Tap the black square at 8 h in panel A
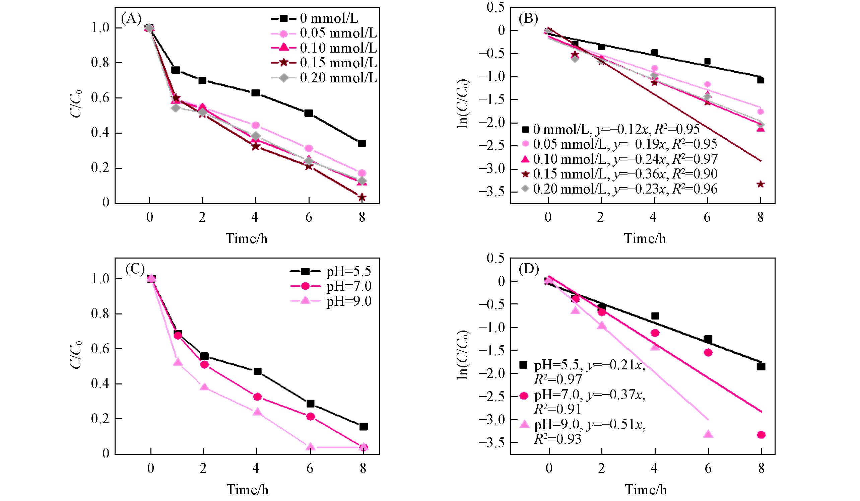coord(362,143)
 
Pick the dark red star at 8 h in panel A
coord(362,197)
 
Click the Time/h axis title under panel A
coord(247,238)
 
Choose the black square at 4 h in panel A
coord(256,93)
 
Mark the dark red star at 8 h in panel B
coord(760,184)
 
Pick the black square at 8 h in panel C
coord(363,426)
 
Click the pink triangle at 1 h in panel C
coord(178,362)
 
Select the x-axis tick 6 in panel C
coord(310,469)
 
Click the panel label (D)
coord(529,270)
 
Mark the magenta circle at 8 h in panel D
coord(761,434)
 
